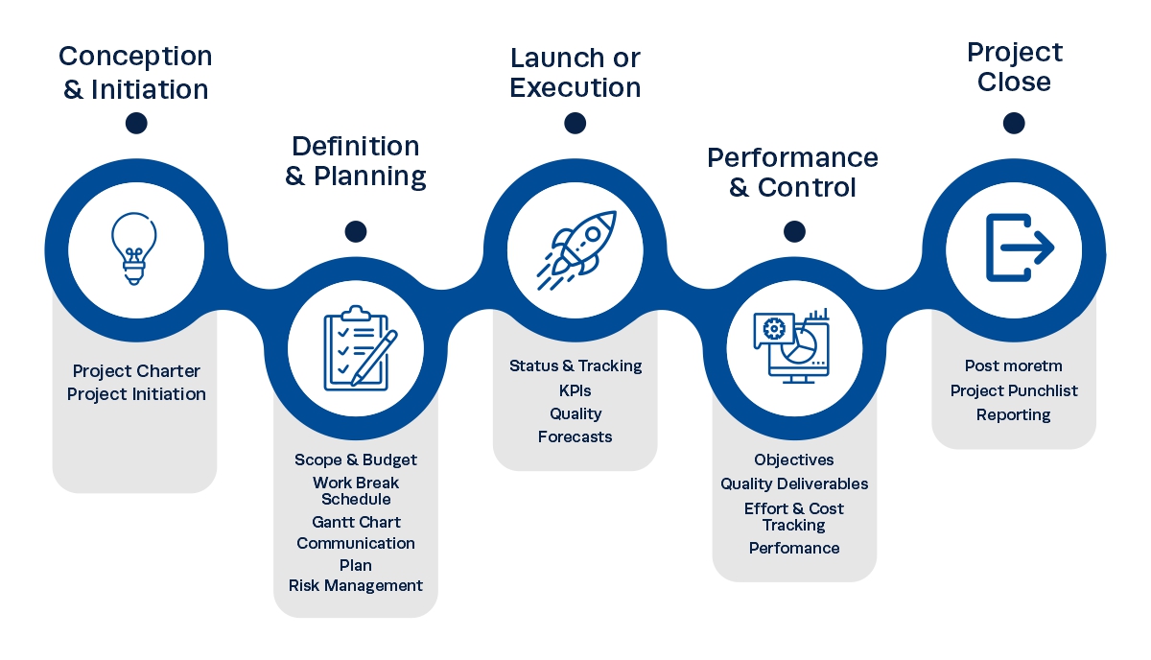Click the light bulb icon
coord(135,249)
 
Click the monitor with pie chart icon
coord(793,346)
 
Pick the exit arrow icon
coord(1015,248)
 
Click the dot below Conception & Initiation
coord(136,123)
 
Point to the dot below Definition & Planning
coord(356,231)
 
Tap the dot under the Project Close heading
coord(1014,123)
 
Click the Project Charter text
coord(136,371)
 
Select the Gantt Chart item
coord(356,522)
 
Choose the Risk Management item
coord(356,585)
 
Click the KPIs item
coord(575,390)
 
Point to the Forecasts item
coord(575,436)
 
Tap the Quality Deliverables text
coord(794,483)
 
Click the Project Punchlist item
coord(1014,390)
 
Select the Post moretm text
coord(1014,365)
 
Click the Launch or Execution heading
coord(575,72)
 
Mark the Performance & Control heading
coord(793,172)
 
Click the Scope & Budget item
coord(356,460)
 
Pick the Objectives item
coord(794,460)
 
